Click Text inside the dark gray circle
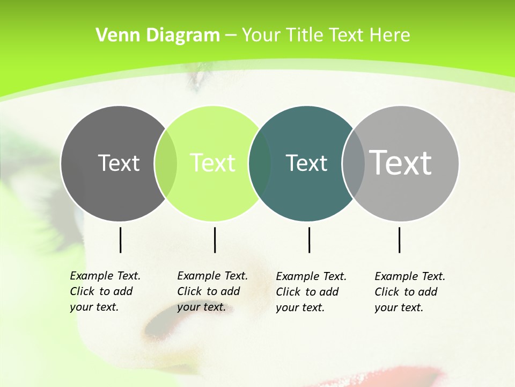click(119, 163)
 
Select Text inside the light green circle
click(212, 163)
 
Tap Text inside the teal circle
click(306, 163)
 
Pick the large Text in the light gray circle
click(401, 163)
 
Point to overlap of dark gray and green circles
click(166, 163)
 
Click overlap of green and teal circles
click(260, 163)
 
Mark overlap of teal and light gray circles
click(354, 163)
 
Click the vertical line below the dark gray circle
click(120, 240)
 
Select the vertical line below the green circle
click(215, 240)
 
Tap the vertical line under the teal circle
click(309, 240)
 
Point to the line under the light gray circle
click(399, 240)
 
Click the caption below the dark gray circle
click(105, 291)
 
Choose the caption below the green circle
click(212, 291)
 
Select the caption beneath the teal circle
click(311, 292)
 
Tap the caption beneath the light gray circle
click(410, 292)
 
